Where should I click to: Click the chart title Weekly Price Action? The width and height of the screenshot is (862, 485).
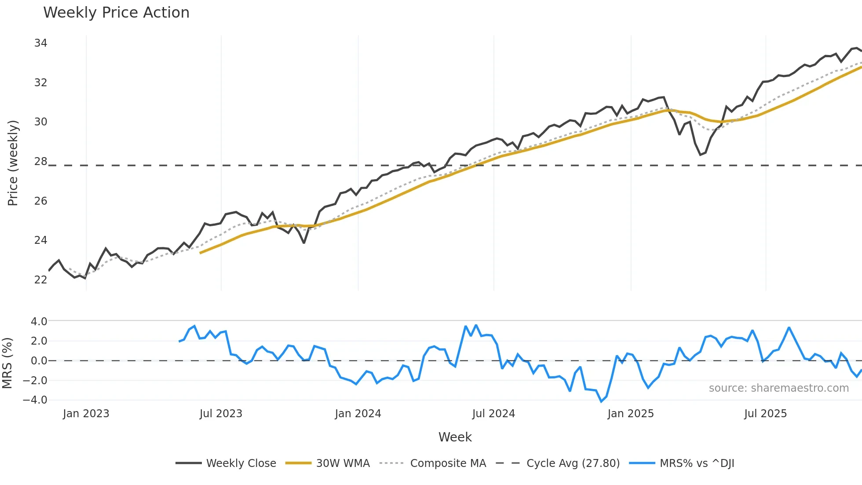click(x=116, y=13)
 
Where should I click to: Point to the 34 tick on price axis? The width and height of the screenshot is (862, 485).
click(x=40, y=43)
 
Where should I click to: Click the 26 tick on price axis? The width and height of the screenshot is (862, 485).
click(x=40, y=201)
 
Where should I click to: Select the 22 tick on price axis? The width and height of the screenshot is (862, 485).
click(x=40, y=280)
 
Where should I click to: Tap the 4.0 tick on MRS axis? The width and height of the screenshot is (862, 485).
click(x=39, y=322)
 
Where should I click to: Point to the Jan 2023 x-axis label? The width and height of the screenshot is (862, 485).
click(x=86, y=414)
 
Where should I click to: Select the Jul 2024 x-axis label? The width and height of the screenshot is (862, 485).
click(x=493, y=414)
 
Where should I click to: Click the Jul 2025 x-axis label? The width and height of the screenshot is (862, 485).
click(x=765, y=414)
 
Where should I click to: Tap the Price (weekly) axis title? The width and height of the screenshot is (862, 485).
click(x=13, y=163)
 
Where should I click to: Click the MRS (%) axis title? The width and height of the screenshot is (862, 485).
click(x=7, y=363)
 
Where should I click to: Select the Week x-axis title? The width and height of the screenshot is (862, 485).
click(x=455, y=437)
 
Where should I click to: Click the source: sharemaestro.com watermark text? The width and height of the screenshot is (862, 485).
click(x=778, y=388)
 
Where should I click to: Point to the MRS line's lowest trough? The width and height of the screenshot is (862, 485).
click(x=601, y=401)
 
